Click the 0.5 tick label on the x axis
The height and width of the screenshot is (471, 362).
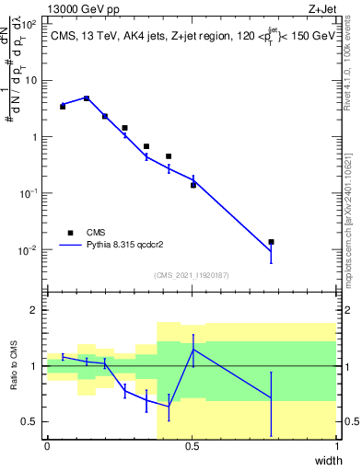click(192, 446)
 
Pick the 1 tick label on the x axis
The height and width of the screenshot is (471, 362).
click(337, 446)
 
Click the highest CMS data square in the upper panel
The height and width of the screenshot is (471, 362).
click(87, 98)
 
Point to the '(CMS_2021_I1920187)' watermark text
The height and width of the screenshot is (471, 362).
click(192, 275)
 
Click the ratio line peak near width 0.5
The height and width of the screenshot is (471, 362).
click(193, 350)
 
